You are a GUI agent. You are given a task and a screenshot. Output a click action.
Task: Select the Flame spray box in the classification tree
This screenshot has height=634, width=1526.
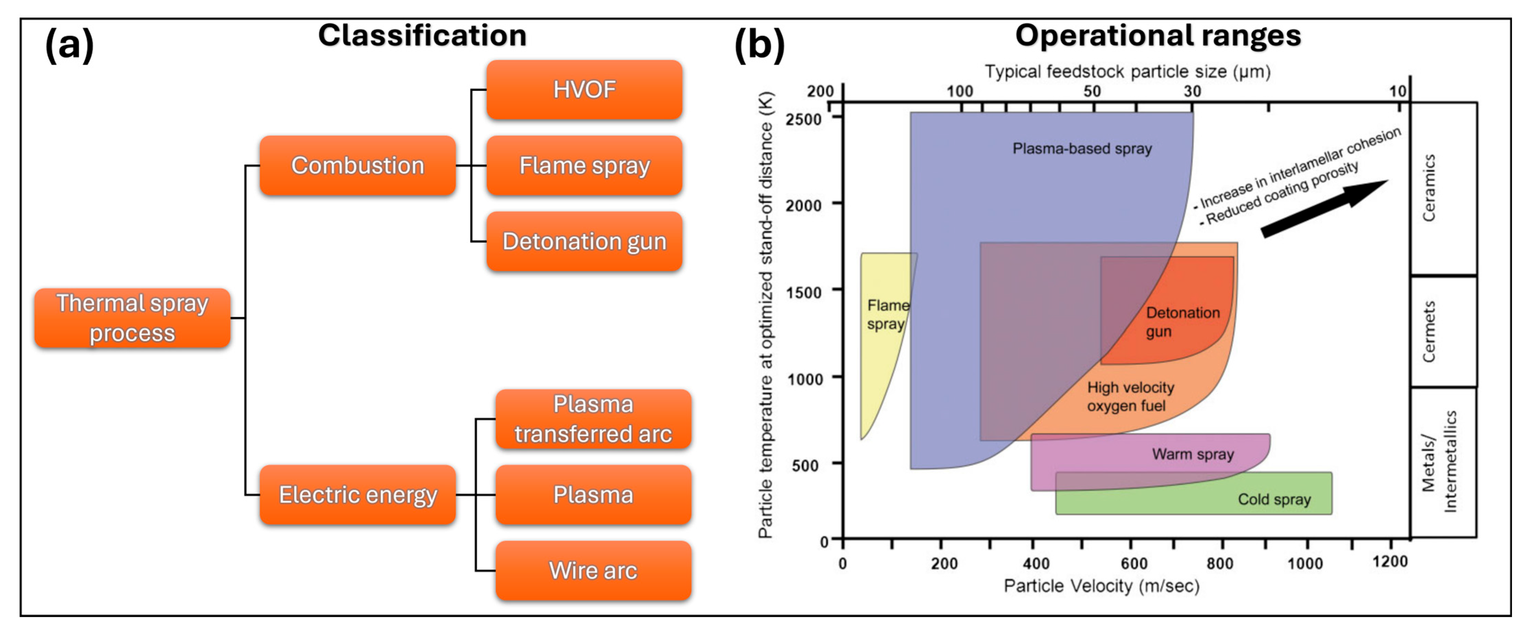pyautogui.click(x=584, y=166)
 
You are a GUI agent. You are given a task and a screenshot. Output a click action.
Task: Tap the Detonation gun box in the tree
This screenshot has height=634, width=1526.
pyautogui.click(x=584, y=241)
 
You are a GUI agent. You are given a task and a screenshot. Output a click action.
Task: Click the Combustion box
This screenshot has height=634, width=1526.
pyautogui.click(x=358, y=166)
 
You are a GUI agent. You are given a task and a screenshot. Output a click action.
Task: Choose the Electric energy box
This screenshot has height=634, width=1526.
pyautogui.click(x=358, y=495)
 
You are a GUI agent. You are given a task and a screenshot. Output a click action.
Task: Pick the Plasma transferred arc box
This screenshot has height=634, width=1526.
pyautogui.click(x=593, y=419)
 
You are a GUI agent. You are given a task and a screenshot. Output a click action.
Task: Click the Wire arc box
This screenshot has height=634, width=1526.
pyautogui.click(x=593, y=571)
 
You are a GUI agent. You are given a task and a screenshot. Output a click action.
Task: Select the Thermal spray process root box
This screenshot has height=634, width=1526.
pyautogui.click(x=132, y=318)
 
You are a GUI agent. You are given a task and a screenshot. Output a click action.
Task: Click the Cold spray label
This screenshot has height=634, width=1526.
pyautogui.click(x=1273, y=500)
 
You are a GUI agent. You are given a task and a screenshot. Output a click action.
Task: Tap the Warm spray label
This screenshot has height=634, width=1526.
pyautogui.click(x=1193, y=454)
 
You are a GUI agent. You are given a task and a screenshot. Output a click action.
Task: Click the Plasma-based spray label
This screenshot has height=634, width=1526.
pyautogui.click(x=1082, y=149)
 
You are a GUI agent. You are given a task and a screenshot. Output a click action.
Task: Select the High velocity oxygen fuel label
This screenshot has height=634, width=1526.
pyautogui.click(x=1130, y=397)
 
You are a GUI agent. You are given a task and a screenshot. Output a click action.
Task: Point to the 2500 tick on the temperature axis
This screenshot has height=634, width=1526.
pyautogui.click(x=803, y=119)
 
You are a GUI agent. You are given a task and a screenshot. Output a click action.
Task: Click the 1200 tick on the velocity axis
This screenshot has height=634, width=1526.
pyautogui.click(x=1390, y=561)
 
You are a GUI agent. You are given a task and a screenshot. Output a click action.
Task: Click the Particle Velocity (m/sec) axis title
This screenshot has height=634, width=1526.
pyautogui.click(x=1101, y=586)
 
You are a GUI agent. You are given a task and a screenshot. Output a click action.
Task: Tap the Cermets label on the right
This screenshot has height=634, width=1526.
pyautogui.click(x=1429, y=332)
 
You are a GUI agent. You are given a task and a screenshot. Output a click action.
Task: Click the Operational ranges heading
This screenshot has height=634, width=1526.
pyautogui.click(x=1158, y=36)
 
